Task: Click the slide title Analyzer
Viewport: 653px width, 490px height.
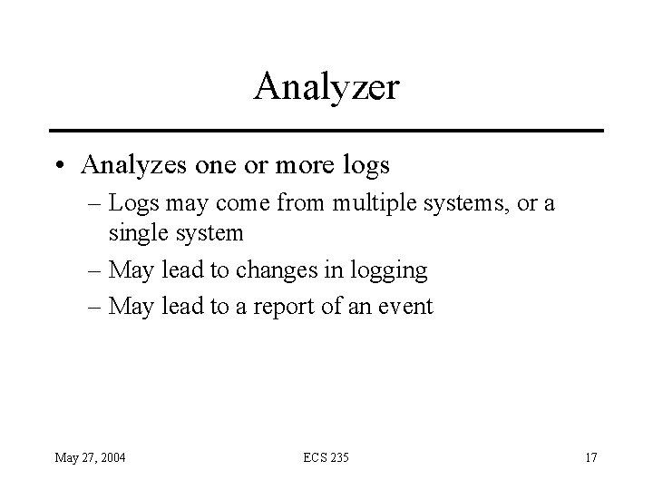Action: [x=326, y=87]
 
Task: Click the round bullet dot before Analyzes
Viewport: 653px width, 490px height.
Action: [x=60, y=166]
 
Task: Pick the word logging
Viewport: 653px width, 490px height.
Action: [x=389, y=270]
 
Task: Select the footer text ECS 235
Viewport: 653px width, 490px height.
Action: [x=326, y=456]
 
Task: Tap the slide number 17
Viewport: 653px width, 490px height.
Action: [x=590, y=456]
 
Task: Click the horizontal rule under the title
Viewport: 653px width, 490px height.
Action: [x=326, y=131]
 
